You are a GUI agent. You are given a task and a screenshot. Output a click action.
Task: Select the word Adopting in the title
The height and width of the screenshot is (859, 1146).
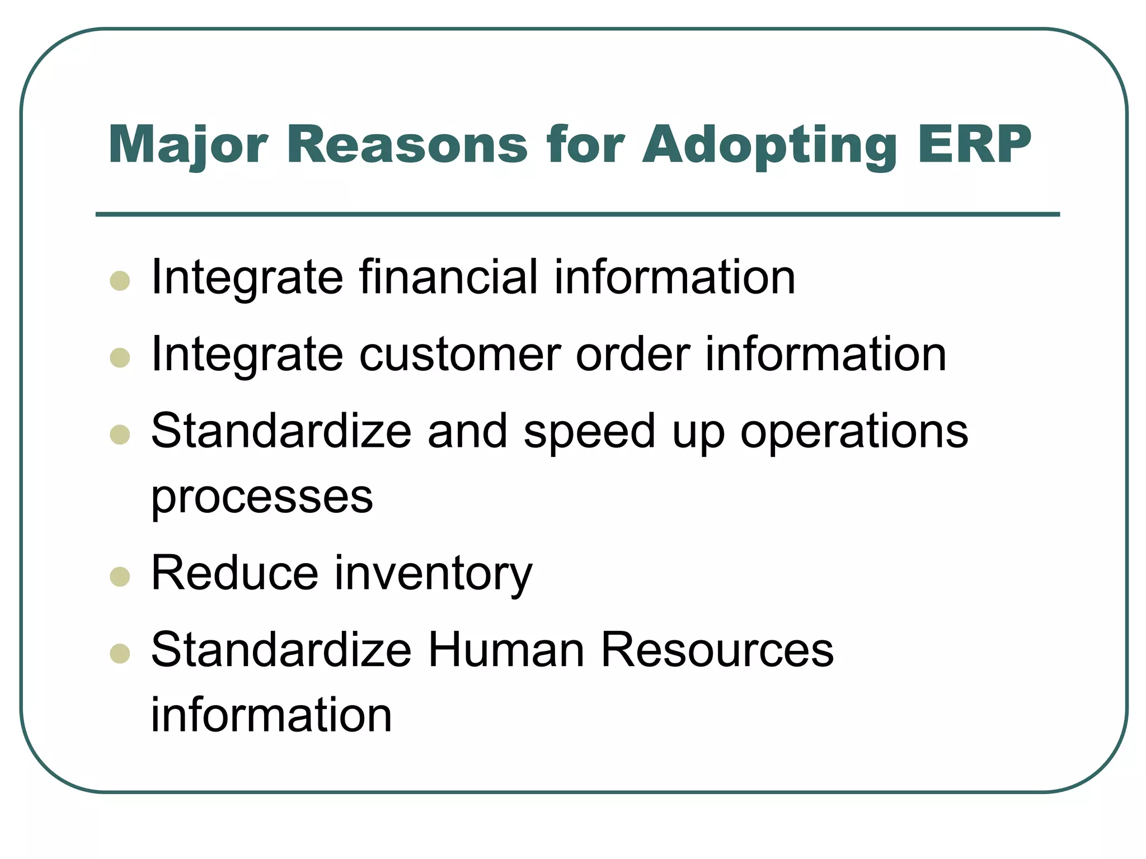(770, 145)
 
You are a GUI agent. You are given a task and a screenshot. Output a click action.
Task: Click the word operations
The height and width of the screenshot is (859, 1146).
(854, 432)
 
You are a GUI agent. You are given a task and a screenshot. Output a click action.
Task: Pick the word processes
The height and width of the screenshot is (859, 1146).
(262, 497)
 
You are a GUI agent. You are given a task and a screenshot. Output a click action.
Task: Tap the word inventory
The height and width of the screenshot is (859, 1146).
(433, 574)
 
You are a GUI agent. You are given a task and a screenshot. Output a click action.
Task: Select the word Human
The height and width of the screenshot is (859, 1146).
(506, 650)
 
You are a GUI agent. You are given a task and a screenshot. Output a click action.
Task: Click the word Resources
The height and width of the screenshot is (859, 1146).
(717, 650)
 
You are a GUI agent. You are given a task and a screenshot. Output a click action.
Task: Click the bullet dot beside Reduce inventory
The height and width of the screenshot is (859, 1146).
(120, 577)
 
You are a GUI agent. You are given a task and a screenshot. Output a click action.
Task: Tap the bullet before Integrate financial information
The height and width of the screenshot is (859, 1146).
(120, 281)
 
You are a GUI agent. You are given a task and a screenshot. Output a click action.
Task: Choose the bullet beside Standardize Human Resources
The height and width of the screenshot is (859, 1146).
(120, 653)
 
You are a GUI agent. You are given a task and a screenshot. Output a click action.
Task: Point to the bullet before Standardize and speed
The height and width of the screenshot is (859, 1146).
(120, 435)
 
